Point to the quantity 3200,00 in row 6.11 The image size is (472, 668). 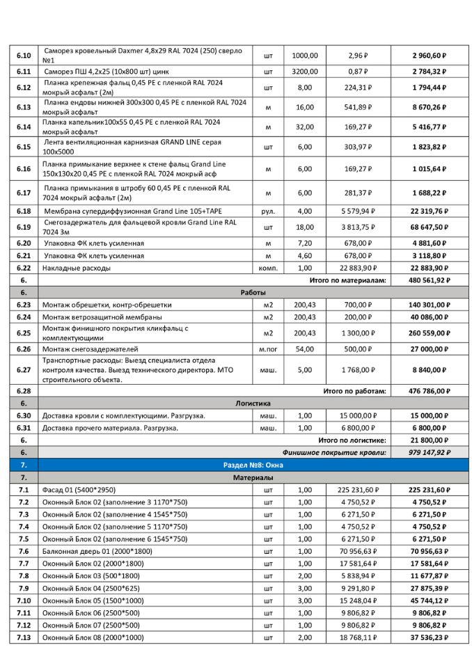pyautogui.click(x=305, y=71)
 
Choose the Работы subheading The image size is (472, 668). pyautogui.click(x=253, y=292)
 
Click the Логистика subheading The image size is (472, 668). pyautogui.click(x=253, y=403)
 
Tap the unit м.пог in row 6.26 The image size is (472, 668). pyautogui.click(x=268, y=349)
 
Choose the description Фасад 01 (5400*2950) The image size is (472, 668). pyautogui.click(x=82, y=489)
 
